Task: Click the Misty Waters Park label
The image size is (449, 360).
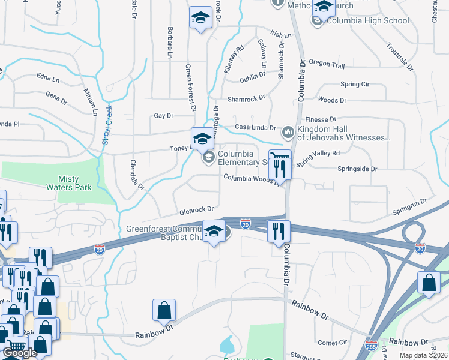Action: coord(75,183)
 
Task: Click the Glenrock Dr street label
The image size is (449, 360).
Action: coord(196,210)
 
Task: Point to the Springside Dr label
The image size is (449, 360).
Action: coord(357,169)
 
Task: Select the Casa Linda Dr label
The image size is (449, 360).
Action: coord(255,127)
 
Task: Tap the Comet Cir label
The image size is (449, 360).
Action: coord(333,343)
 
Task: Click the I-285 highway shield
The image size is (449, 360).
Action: coord(371,346)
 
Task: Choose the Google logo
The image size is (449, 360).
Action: coord(20,353)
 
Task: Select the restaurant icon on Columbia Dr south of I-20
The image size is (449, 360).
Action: coord(278,231)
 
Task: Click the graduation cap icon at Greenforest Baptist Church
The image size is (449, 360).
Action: coord(214,232)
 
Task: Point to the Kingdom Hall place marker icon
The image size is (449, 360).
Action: coord(288,131)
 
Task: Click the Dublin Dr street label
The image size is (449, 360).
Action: coord(252,75)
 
